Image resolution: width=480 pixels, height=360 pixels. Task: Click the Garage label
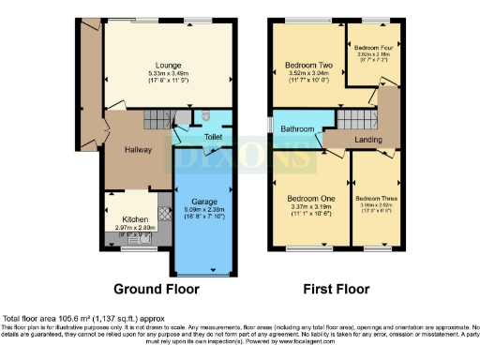click(x=204, y=201)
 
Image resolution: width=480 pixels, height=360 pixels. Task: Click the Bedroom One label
click(x=308, y=199)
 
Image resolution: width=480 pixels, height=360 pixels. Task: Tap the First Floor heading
click(x=334, y=288)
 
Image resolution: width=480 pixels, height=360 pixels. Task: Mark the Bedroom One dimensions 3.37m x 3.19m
click(x=308, y=209)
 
